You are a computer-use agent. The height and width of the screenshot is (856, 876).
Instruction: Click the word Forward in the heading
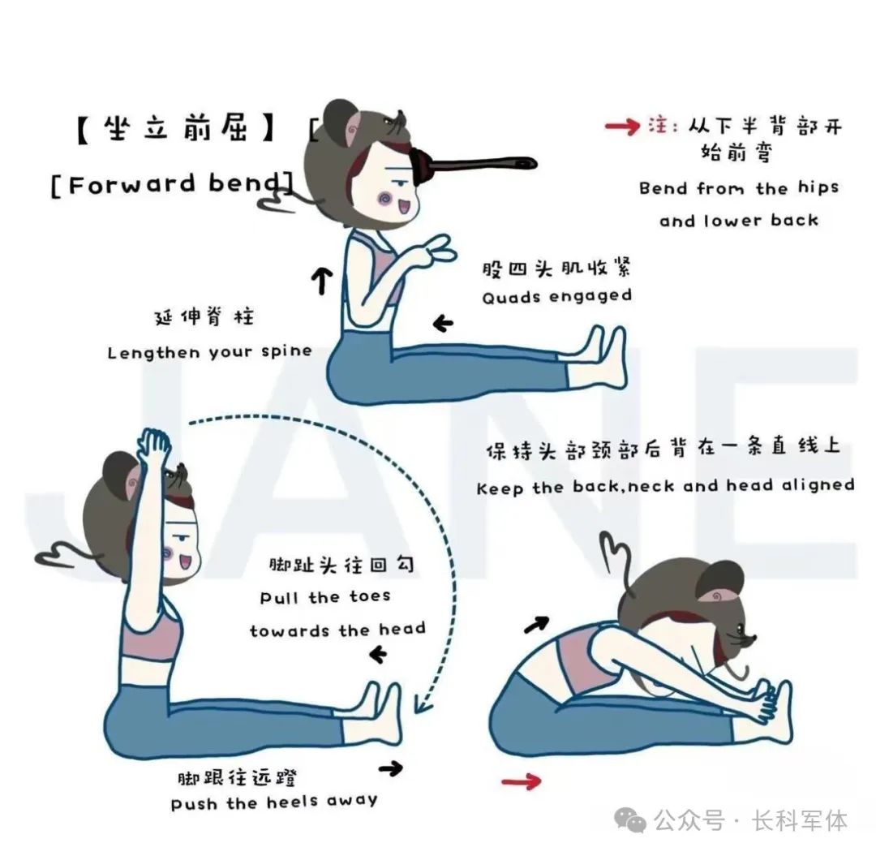pyautogui.click(x=132, y=185)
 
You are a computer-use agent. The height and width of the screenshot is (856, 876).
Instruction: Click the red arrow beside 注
pyautogui.click(x=622, y=127)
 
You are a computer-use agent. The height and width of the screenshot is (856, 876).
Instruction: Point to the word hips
pyautogui.click(x=818, y=187)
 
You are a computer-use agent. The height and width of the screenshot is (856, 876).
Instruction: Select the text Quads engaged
pyautogui.click(x=556, y=297)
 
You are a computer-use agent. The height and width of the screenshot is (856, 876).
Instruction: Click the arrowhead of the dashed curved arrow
pyautogui.click(x=423, y=704)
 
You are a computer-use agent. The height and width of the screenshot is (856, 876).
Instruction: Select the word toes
pyautogui.click(x=370, y=596)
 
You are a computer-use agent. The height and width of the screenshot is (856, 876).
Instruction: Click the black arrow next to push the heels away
pyautogui.click(x=390, y=768)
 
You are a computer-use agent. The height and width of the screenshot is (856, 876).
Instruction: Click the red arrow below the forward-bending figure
pyautogui.click(x=522, y=781)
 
